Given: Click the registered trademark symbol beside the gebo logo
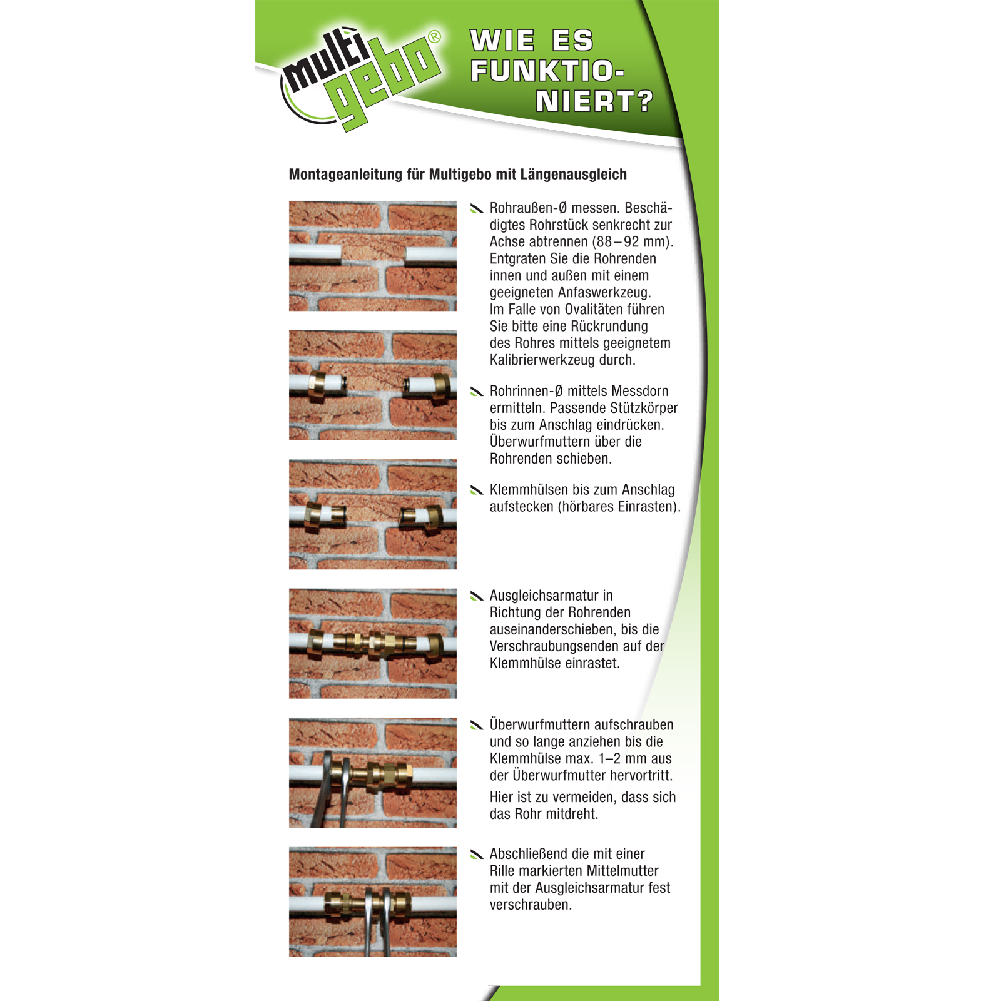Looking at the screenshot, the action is pyautogui.click(x=435, y=37).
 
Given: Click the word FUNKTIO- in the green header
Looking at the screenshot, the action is pyautogui.click(x=547, y=71).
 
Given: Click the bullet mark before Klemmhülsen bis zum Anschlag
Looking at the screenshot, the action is pyautogui.click(x=477, y=490).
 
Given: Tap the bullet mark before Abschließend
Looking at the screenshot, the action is pyautogui.click(x=477, y=854).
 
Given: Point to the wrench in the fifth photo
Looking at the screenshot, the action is pyautogui.click(x=332, y=788).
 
